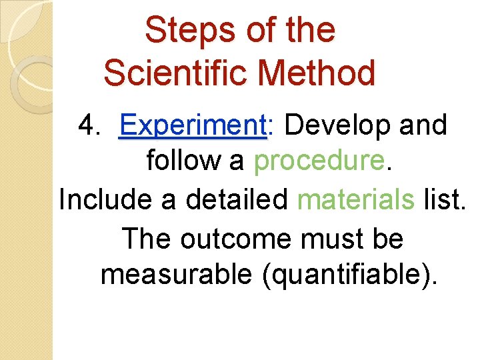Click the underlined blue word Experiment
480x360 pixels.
point(192,125)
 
